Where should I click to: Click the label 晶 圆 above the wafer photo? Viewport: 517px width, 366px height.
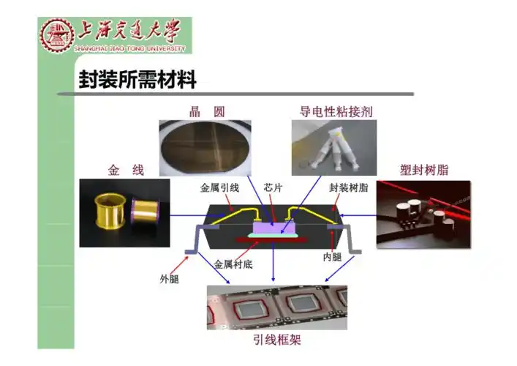point(207,112)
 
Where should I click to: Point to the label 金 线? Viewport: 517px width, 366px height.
point(126,171)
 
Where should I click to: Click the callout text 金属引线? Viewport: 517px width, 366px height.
point(220,188)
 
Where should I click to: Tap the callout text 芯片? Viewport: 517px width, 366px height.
point(273,188)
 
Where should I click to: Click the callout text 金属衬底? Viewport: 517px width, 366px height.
point(233,264)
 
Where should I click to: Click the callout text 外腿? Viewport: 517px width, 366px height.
point(170,278)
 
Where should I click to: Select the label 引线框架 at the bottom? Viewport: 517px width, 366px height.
point(276,340)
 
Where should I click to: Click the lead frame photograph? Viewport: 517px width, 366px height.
point(276,307)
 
